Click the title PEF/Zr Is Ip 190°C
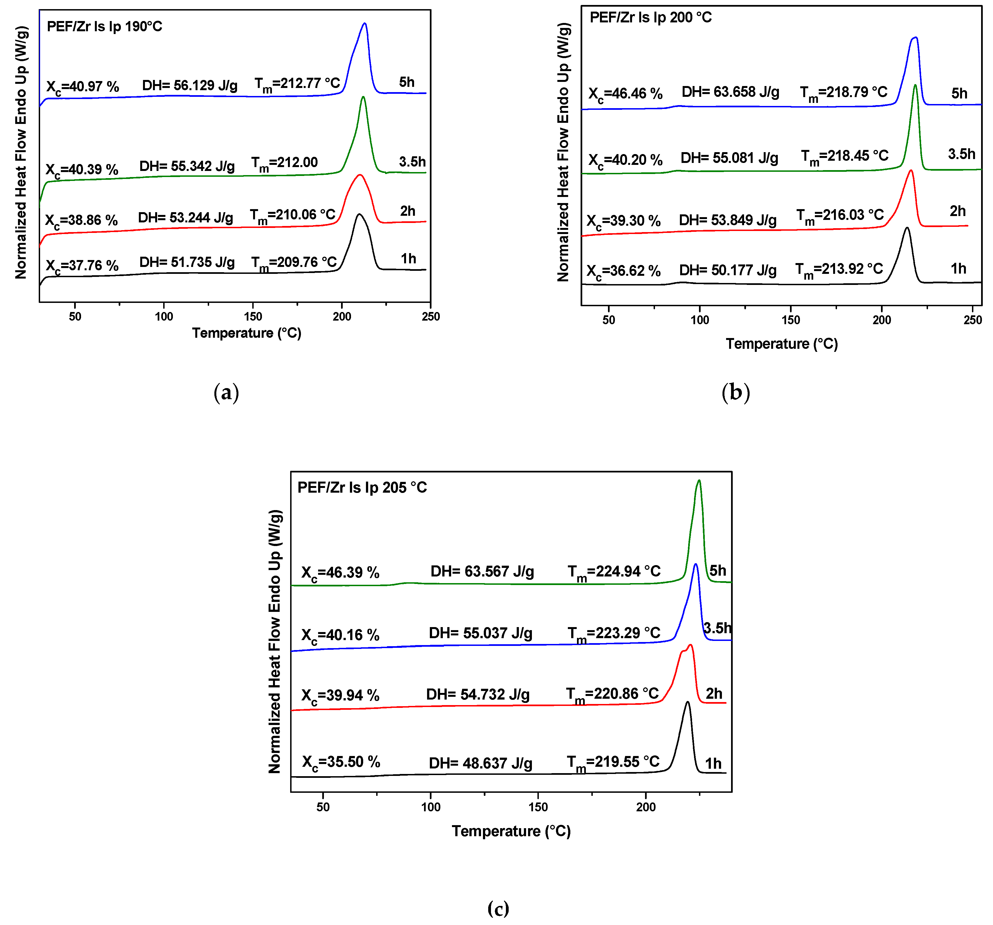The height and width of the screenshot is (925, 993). [x=104, y=27]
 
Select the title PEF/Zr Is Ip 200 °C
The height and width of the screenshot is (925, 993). [x=650, y=17]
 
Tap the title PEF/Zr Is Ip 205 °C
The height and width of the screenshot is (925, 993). [x=362, y=487]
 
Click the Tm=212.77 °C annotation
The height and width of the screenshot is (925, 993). [x=297, y=84]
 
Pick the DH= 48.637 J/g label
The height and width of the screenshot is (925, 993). [x=480, y=763]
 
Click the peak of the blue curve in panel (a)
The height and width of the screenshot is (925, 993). [x=365, y=24]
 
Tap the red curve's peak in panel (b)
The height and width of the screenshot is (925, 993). [x=911, y=171]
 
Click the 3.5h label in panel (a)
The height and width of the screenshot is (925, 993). [x=412, y=162]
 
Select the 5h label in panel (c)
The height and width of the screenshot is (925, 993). [x=718, y=570]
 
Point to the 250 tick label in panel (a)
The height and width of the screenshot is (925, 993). [x=431, y=317]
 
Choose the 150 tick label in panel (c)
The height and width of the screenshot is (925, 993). [x=538, y=807]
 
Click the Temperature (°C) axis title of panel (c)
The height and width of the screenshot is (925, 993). [x=511, y=831]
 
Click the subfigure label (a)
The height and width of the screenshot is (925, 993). [x=226, y=393]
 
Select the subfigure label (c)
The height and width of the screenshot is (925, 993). [x=498, y=908]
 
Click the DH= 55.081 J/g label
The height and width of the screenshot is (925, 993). [x=729, y=158]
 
